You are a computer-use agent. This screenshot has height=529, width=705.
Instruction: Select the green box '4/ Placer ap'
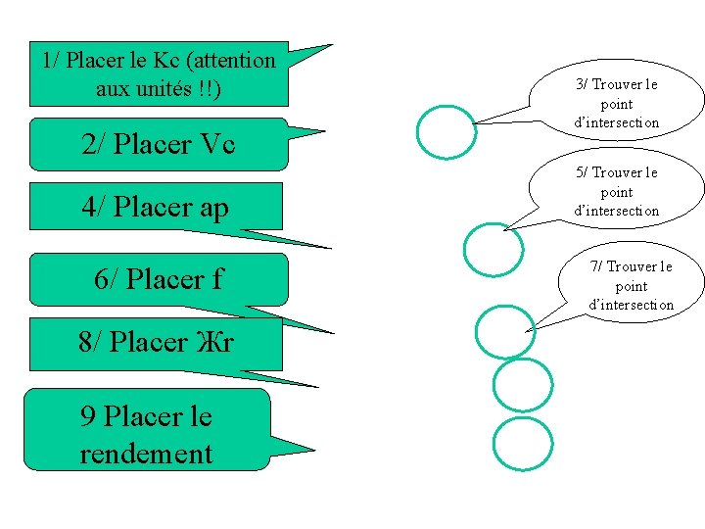[x=157, y=206]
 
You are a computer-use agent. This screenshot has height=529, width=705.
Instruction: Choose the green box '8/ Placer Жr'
[x=157, y=343]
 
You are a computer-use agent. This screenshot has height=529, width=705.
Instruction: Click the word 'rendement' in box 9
[x=146, y=454]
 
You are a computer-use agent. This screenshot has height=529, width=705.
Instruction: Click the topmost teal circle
[x=446, y=131]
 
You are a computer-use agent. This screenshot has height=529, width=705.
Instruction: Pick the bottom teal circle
[x=522, y=444]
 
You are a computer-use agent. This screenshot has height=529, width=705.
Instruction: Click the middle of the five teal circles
[x=506, y=330]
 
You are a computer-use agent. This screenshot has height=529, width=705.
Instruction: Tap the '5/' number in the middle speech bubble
[x=583, y=172]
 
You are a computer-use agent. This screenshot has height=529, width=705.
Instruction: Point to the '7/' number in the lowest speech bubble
[x=596, y=266]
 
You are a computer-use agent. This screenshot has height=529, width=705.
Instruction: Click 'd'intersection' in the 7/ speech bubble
[x=631, y=305]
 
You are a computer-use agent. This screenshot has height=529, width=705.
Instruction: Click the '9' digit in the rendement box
[x=87, y=417]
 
